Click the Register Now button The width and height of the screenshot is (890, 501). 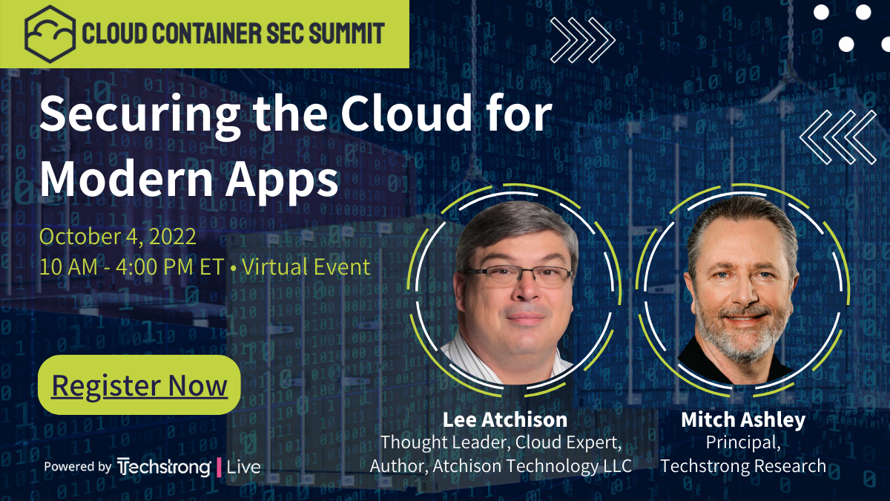[139, 385]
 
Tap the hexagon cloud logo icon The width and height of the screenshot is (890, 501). [50, 33]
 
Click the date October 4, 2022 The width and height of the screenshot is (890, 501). [118, 237]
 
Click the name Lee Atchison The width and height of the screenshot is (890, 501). [504, 419]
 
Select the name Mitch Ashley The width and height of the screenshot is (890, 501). [742, 419]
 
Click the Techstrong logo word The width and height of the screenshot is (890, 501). [164, 467]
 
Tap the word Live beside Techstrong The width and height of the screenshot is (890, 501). [243, 467]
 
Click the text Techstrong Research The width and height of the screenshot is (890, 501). [743, 466]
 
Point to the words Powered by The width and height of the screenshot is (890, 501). [78, 467]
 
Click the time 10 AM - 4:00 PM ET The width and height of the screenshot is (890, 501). [131, 266]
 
